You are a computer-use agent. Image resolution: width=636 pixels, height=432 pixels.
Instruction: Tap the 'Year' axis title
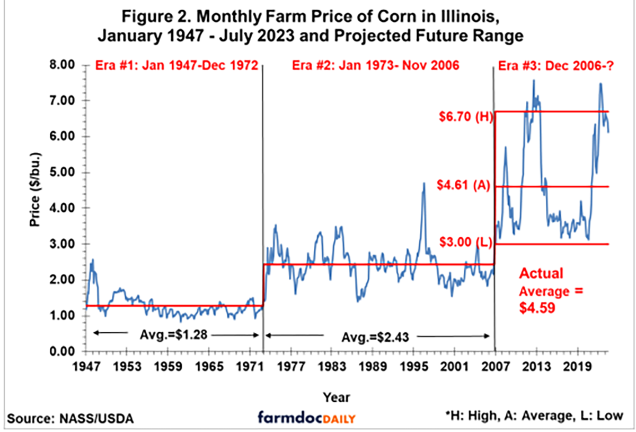pyautogui.click(x=337, y=397)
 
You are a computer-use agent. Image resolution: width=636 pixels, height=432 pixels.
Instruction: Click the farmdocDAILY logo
pyautogui.click(x=307, y=418)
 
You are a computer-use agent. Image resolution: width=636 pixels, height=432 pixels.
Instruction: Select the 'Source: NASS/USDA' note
pyautogui.click(x=70, y=418)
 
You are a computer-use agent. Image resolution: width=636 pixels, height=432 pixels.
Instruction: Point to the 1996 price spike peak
pyautogui.click(x=423, y=183)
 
